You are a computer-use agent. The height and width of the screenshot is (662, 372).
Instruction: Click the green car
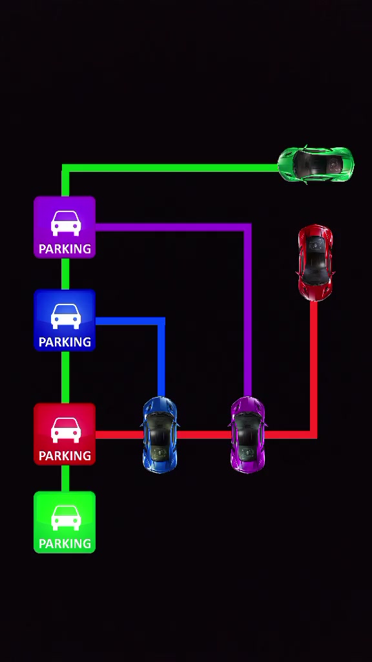point(315,165)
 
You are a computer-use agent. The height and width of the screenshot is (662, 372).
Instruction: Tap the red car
point(315,262)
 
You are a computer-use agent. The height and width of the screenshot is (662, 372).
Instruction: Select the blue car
point(160,434)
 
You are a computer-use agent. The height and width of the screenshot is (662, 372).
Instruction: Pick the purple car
point(248,434)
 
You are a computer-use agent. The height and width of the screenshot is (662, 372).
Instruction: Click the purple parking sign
point(65,227)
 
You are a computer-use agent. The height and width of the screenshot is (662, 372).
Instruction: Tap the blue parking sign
point(65,320)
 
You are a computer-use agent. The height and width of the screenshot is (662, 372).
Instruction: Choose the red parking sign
point(65,434)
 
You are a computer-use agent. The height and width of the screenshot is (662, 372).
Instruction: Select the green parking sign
point(65,522)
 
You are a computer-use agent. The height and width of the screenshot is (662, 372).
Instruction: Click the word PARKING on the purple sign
point(65,249)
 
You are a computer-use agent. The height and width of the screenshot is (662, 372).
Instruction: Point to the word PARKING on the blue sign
point(65,342)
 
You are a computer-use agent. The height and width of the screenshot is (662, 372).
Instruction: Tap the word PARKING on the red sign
point(65,456)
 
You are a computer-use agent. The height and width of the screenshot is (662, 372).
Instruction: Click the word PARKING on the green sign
point(65,544)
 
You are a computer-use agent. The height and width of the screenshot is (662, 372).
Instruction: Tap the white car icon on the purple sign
point(66,223)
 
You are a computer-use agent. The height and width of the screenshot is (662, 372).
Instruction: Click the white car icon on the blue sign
point(66,316)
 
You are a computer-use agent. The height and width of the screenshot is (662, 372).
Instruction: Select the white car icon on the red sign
point(66,430)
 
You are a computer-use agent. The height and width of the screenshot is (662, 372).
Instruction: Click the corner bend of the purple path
point(248,227)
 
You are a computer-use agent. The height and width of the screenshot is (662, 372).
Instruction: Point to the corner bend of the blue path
point(161,321)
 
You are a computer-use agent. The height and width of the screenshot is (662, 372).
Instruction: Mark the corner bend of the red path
point(313,435)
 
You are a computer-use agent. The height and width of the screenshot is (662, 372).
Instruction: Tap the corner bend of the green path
point(65,168)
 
